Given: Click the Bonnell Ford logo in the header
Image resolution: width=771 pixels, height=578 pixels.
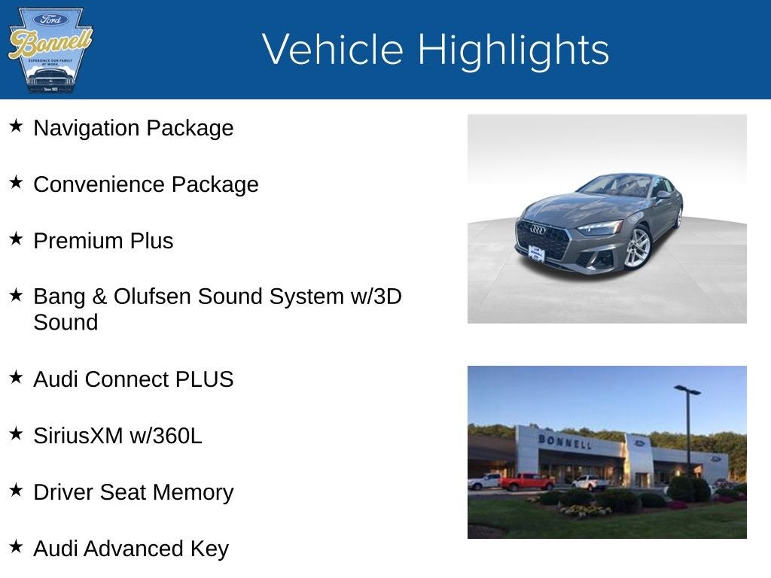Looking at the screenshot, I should coord(50,50).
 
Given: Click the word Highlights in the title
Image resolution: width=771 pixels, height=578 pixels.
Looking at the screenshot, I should coord(513,50).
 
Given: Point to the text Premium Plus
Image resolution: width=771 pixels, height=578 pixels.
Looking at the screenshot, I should coord(103,241).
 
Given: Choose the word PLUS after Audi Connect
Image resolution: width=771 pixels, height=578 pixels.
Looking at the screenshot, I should coord(204,379).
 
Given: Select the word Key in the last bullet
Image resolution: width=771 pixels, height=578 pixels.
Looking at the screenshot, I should coord(212,549).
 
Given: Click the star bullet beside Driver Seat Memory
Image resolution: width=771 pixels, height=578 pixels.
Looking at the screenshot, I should coord(16,491).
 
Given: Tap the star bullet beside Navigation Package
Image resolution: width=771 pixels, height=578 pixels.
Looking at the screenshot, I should coord(16,126).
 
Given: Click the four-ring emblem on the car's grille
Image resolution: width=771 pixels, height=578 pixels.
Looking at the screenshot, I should coord(538,230).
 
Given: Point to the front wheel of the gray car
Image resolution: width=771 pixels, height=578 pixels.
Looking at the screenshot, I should coord(637,248).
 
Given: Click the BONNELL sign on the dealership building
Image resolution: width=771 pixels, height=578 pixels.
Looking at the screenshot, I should coord(564,441).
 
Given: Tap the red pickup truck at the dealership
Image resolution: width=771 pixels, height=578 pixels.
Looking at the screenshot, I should coord(526,482).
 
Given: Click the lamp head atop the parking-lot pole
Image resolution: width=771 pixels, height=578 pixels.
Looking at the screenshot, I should coord(687,390).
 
